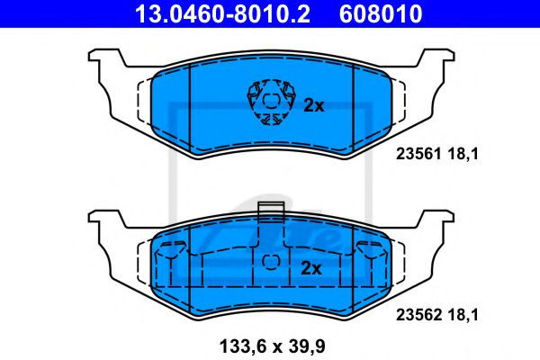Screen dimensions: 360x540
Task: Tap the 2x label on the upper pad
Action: point(312,105)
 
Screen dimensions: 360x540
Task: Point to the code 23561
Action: point(415,154)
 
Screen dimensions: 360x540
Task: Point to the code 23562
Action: point(415,316)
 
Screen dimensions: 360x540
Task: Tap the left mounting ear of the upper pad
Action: point(104,65)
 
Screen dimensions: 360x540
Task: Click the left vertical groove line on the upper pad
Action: point(192,99)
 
